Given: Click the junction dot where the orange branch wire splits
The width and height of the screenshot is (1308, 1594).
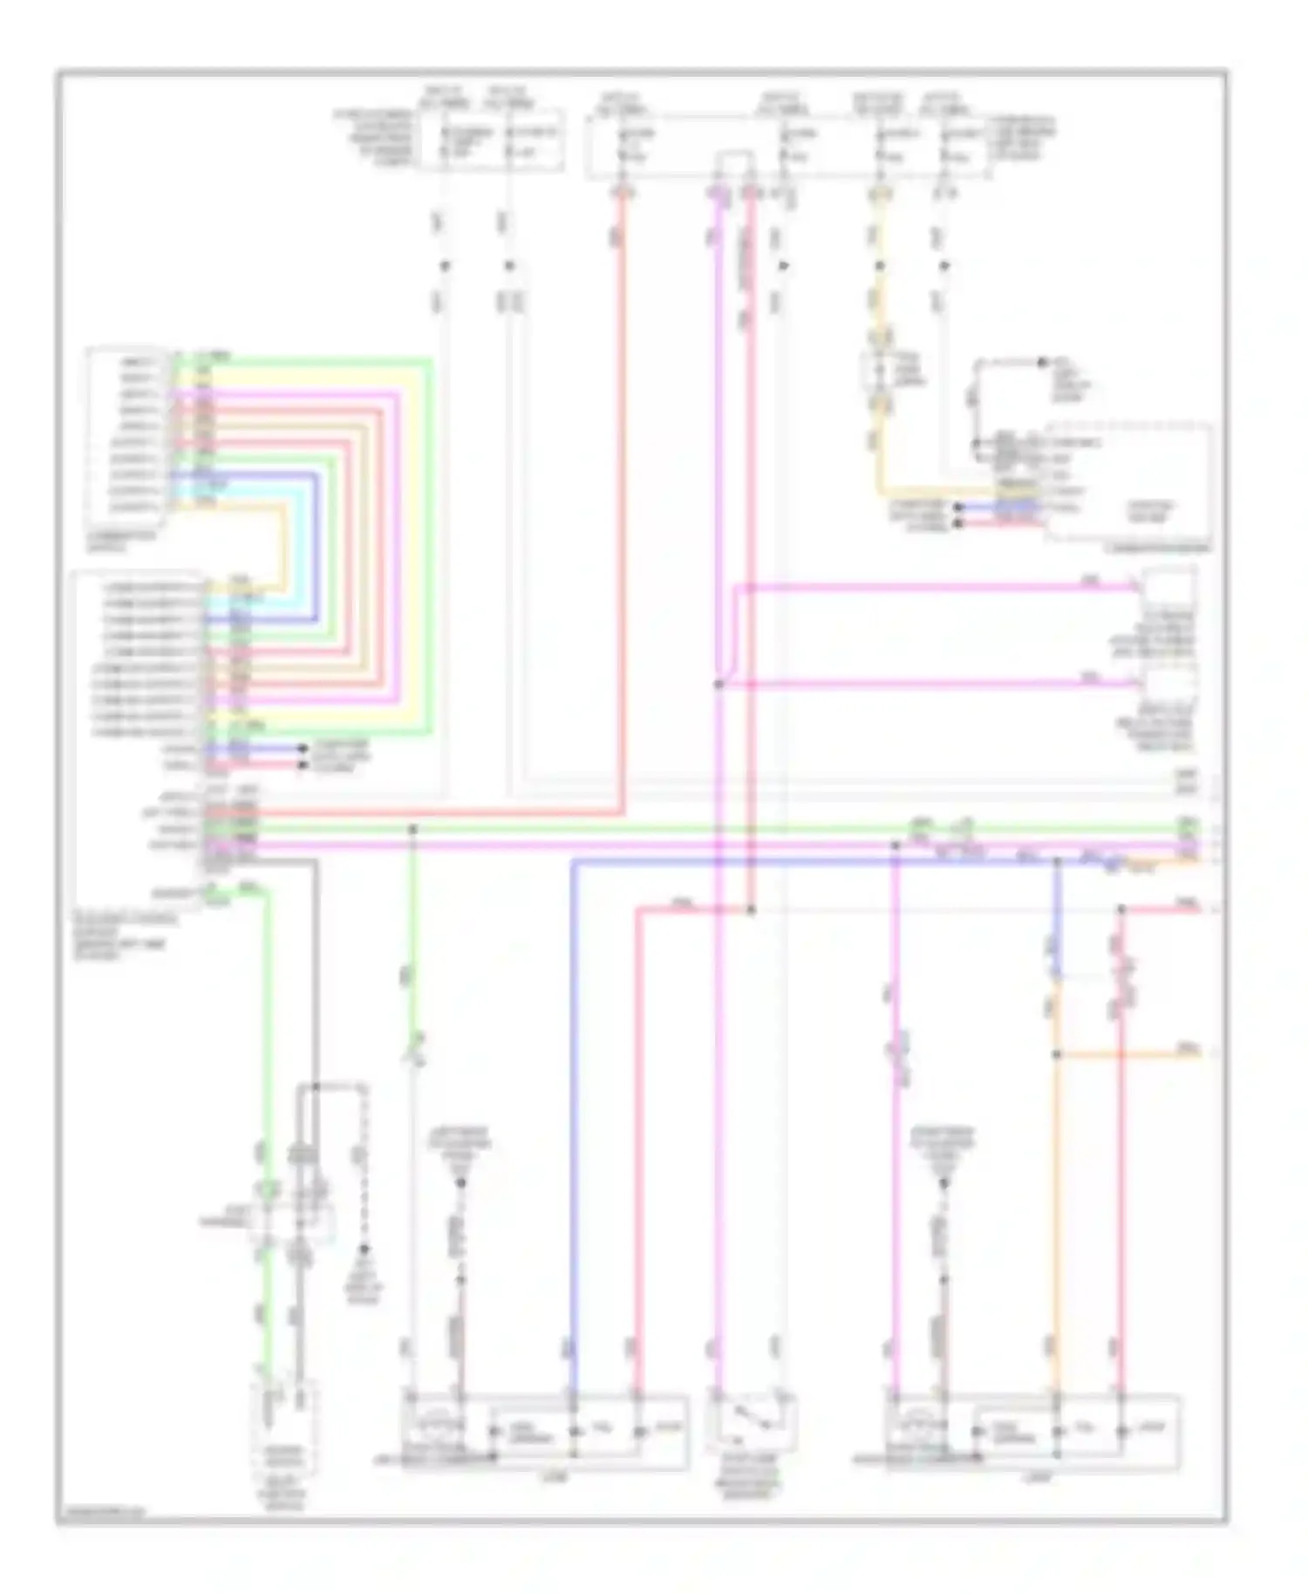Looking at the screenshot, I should [1056, 1054].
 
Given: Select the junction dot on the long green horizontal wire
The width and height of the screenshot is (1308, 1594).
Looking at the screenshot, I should [413, 828].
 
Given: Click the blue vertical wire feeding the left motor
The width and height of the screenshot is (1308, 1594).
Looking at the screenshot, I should [573, 1134].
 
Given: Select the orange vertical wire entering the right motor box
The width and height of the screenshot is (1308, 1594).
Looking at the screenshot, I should [1056, 1221].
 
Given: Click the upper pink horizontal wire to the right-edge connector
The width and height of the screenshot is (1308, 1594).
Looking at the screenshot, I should [933, 588].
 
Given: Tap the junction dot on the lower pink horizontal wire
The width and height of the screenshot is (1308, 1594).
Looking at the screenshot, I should [719, 685].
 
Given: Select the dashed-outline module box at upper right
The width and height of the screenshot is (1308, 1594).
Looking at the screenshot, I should [1129, 484].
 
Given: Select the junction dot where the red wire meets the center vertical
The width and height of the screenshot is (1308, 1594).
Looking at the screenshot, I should [751, 910].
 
